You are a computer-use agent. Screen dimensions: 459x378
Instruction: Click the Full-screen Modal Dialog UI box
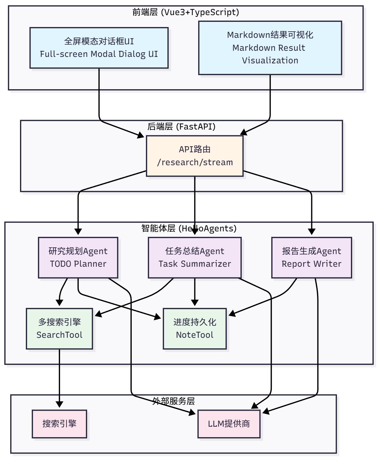pyautogui.click(x=99, y=48)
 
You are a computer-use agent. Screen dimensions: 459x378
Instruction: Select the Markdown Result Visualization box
pyautogui.click(x=270, y=48)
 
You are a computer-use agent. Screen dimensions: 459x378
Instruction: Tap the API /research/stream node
pyautogui.click(x=195, y=156)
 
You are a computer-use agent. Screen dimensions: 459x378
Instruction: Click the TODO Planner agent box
pyautogui.click(x=78, y=257)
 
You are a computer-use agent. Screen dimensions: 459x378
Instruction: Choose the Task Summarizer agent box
pyautogui.click(x=195, y=257)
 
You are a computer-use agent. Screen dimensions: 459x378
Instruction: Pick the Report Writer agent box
pyautogui.click(x=312, y=257)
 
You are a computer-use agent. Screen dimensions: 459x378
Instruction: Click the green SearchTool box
pyautogui.click(x=59, y=329)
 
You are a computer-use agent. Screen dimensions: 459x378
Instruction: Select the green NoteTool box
pyautogui.click(x=195, y=329)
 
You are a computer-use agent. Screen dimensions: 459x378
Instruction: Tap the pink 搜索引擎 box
pyautogui.click(x=59, y=424)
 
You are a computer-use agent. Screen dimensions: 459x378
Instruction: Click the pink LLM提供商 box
pyautogui.click(x=229, y=424)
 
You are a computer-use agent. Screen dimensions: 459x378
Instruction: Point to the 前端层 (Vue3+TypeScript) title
pyautogui.click(x=186, y=12)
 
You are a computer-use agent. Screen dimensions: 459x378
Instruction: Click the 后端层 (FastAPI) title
pyautogui.click(x=181, y=126)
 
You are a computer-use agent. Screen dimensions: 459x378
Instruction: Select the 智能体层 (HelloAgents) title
pyautogui.click(x=189, y=228)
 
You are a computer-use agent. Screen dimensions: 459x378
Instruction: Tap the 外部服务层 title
pyautogui.click(x=173, y=401)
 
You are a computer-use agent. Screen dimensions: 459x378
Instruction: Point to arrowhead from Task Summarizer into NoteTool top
pyautogui.click(x=195, y=303)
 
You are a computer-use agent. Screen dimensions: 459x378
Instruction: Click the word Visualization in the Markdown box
pyautogui.click(x=270, y=60)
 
